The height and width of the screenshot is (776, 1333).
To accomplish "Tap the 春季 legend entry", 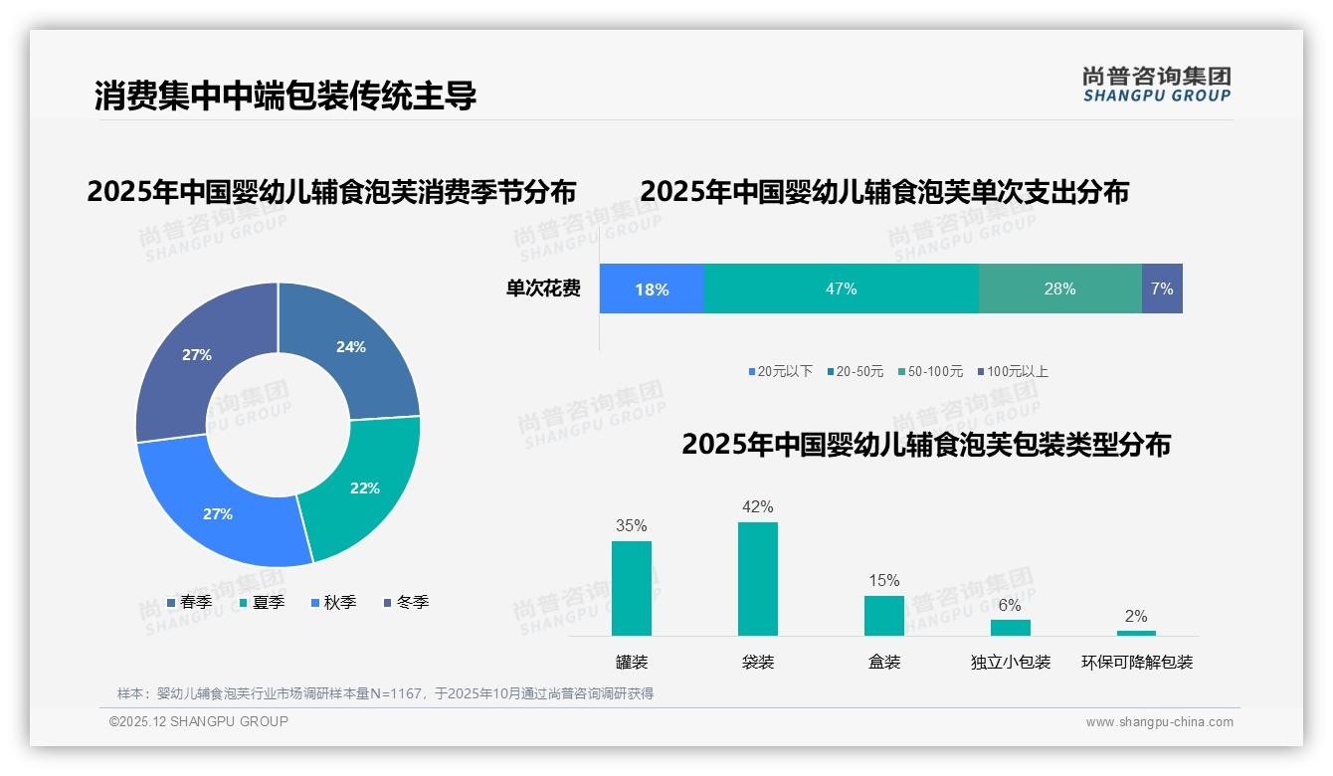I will coord(190,602).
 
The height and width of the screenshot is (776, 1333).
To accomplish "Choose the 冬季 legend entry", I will coord(407,602).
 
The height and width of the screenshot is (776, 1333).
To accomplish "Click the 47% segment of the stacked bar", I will coord(841,289).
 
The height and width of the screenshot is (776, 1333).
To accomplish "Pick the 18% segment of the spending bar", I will coord(652,290).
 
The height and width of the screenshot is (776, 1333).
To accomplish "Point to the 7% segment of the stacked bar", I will coord(1162,289).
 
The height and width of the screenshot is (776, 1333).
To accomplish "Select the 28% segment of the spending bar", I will coord(1059,289).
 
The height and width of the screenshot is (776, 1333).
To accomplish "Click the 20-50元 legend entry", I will coord(855,371).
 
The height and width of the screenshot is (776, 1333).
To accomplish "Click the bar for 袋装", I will coord(758,578).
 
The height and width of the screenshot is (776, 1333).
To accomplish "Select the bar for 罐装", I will coord(632,588).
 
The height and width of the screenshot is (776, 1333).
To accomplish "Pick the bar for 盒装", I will coord(884,615).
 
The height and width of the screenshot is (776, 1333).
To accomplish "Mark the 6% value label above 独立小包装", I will coord(1010,605).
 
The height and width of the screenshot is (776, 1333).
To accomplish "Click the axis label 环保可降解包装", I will coord(1137,662).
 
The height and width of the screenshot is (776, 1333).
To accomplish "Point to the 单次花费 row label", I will coord(543,289).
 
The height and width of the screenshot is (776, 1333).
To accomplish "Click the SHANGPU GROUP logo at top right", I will coord(1156,85).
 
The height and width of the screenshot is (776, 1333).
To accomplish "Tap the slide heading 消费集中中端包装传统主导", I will coord(286,96).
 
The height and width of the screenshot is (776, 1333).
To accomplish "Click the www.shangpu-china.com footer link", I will coord(1159,722).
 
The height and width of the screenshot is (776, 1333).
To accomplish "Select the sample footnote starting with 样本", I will coord(385,693).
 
